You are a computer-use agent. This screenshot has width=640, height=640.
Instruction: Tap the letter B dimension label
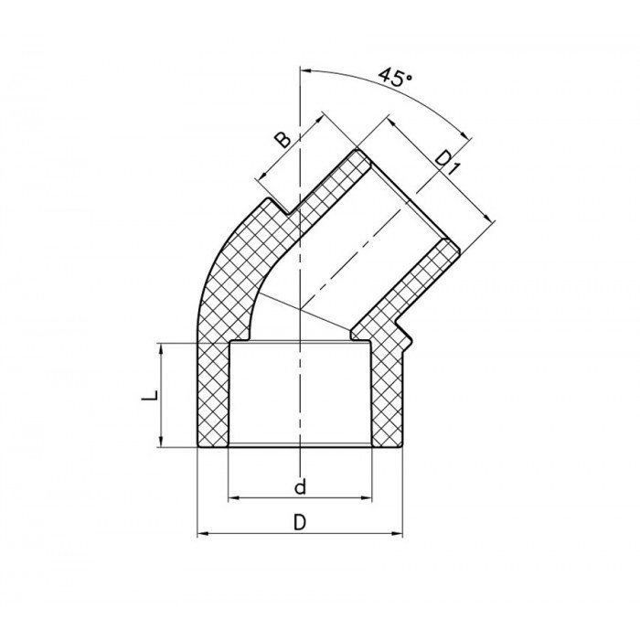283,139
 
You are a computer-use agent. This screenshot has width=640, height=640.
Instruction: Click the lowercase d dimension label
300,486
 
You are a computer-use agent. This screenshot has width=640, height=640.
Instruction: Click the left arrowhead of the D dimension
203,533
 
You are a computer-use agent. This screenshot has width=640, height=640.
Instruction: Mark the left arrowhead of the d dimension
232,498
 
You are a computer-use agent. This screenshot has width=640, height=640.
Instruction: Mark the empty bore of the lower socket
300,393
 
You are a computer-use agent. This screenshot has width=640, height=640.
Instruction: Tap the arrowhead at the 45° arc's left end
305,68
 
